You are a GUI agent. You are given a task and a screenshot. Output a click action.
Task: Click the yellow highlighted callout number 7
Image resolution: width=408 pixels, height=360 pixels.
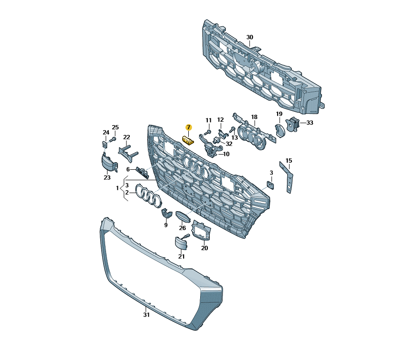(x=188, y=127)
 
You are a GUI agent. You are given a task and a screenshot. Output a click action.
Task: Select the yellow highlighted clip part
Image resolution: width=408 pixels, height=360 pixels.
(x=188, y=141)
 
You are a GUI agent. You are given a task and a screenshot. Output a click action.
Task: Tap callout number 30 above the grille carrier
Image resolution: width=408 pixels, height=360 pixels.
(x=250, y=37)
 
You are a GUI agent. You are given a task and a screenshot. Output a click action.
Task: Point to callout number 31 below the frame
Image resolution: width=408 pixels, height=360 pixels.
(x=146, y=315)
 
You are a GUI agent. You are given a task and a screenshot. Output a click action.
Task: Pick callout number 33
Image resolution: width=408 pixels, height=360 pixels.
(x=310, y=122)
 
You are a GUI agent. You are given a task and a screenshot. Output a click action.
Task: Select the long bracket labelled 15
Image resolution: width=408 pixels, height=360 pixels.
(x=286, y=177)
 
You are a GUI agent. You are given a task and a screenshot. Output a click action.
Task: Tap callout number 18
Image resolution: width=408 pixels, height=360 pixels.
(x=254, y=117)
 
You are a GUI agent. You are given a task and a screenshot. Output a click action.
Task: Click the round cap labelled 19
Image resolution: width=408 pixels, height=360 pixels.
(x=280, y=130)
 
